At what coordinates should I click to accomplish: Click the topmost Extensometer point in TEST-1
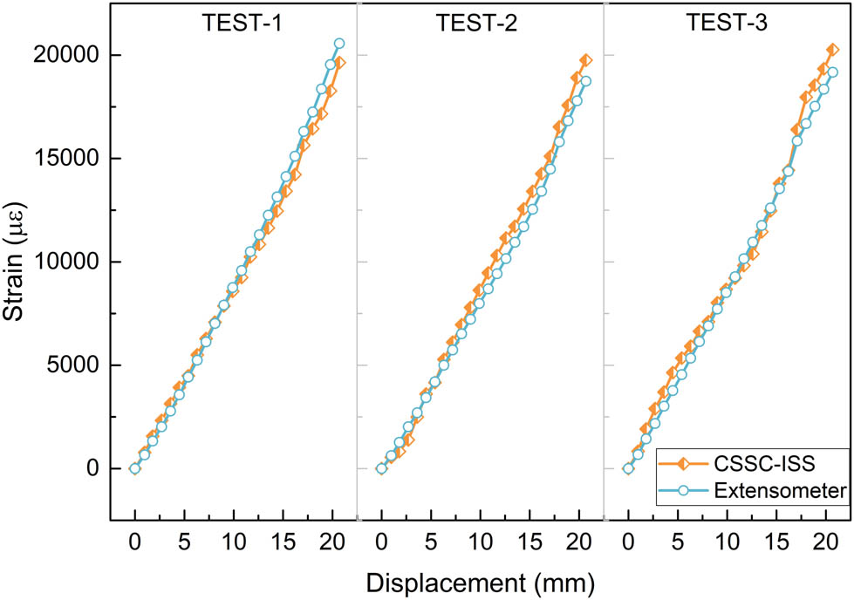click(339, 43)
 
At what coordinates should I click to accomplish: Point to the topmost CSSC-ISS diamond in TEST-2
click(585, 60)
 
